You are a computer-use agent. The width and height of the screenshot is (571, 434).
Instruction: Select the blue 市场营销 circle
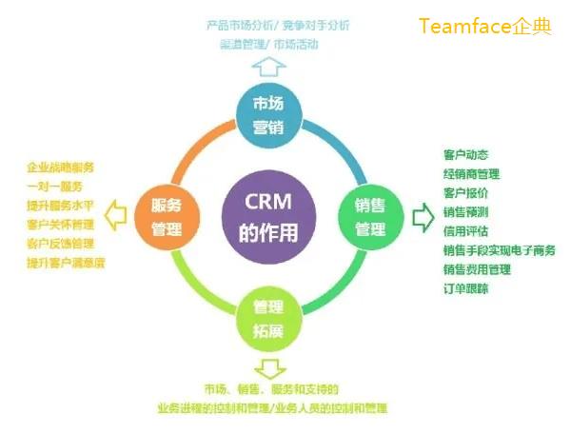coord(269,113)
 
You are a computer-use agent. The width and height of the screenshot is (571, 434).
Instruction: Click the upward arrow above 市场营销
coord(269,66)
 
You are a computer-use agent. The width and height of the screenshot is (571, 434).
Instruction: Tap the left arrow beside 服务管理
coord(115,217)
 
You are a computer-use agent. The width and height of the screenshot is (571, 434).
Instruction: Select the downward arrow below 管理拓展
coord(269,367)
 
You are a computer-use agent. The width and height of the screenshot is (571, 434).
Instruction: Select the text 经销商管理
coord(471,173)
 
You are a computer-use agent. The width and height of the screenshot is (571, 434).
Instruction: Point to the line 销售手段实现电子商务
coord(499,250)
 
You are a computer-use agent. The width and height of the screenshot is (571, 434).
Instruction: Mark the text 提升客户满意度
coord(66,262)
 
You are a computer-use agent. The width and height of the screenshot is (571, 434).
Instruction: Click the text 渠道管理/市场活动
coord(269,43)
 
